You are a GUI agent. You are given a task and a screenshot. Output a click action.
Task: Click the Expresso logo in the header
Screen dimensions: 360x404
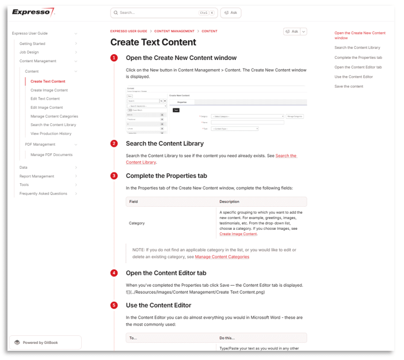[x=33, y=12]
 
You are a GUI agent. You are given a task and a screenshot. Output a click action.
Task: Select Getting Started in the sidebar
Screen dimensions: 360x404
[x=32, y=43]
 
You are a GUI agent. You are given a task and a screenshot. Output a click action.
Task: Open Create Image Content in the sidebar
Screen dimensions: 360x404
[x=49, y=90]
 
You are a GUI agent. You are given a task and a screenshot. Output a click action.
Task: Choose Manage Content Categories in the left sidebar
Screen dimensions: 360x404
[x=54, y=116]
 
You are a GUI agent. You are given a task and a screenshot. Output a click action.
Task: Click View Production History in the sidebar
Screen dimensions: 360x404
[x=51, y=134]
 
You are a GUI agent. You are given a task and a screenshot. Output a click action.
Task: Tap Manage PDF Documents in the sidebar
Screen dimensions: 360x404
[x=51, y=154]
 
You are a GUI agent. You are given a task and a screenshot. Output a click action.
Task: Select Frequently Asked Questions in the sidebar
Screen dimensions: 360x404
[x=43, y=194]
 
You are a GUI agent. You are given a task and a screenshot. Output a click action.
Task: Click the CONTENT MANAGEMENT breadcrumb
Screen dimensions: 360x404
[x=174, y=31]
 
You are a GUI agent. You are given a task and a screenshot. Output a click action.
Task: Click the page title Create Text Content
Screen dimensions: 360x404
[x=153, y=42]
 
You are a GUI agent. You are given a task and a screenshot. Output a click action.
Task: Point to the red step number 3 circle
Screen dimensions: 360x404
[x=114, y=176]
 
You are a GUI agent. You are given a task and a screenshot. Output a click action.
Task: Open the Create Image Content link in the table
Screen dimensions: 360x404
[x=238, y=234]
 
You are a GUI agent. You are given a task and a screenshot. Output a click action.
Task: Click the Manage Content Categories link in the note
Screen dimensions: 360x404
[x=222, y=257]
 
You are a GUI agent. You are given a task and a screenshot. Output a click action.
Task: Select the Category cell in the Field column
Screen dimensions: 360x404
[x=137, y=223]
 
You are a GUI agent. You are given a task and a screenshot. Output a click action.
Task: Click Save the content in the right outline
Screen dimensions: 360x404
[x=349, y=86]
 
